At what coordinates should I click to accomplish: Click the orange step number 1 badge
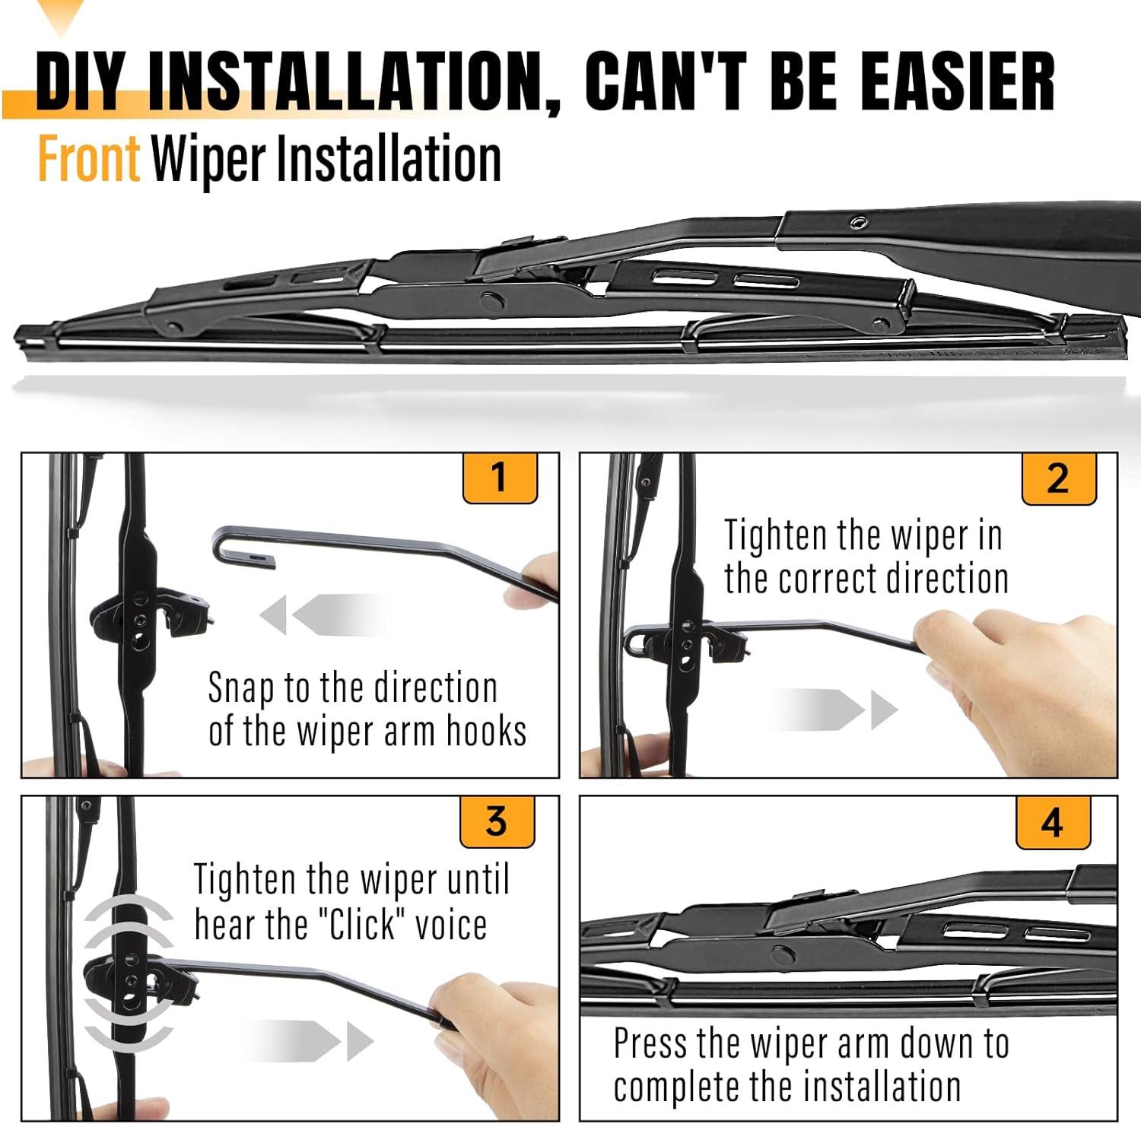click(x=500, y=478)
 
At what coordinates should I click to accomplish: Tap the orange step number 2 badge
click(x=1058, y=478)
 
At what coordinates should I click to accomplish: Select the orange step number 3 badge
click(x=497, y=821)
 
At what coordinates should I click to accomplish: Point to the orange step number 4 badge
click(x=1053, y=822)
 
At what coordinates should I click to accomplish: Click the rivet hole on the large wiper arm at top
click(x=858, y=222)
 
